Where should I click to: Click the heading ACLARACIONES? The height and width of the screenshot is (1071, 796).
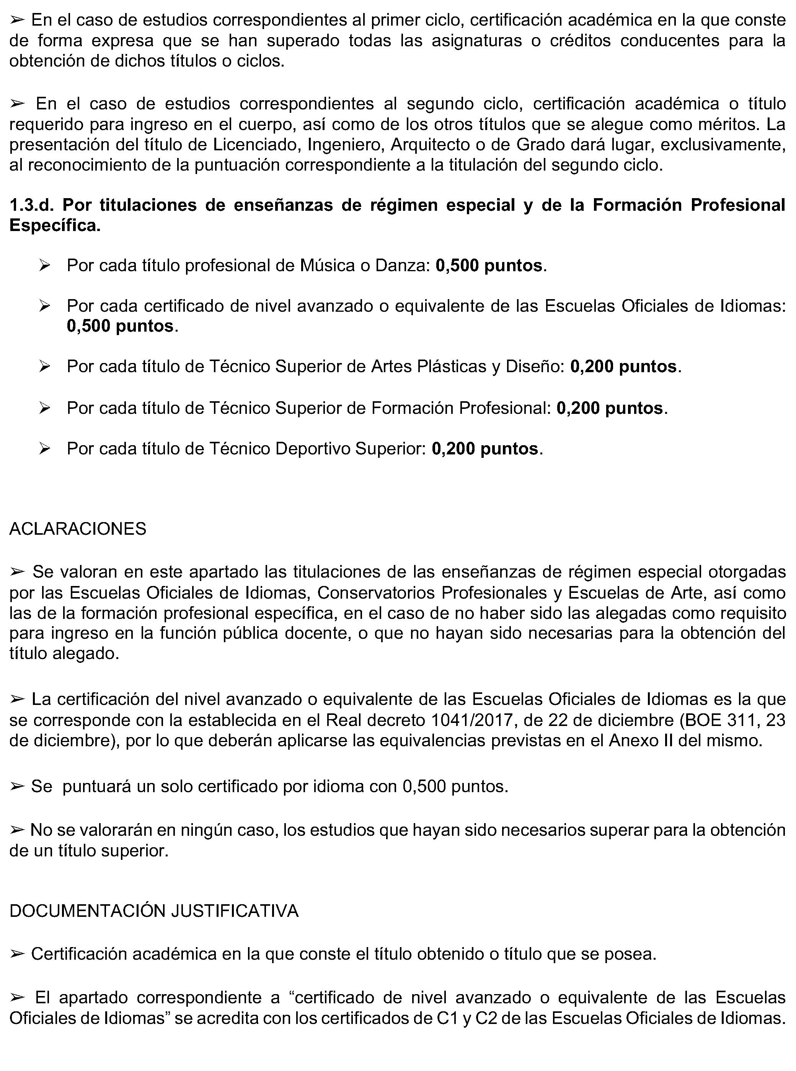click(78, 529)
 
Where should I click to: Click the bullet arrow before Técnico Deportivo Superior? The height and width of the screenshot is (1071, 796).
click(45, 449)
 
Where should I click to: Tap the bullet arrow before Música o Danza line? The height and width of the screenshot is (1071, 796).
click(45, 266)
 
